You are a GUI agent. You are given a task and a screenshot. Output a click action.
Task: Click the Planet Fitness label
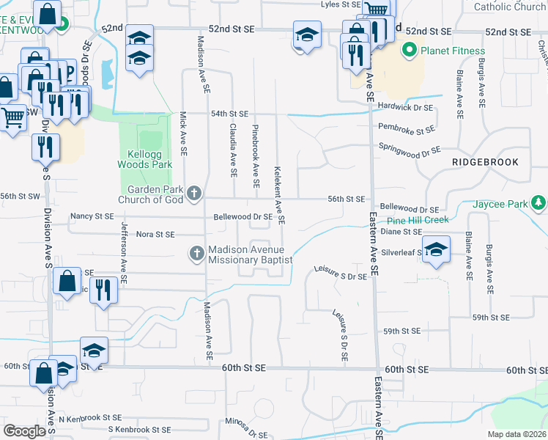[453, 51]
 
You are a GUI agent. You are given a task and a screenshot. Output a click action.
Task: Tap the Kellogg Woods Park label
[145, 160]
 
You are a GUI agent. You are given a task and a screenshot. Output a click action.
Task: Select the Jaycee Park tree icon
[539, 202]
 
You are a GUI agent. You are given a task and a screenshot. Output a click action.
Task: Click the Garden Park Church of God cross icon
[193, 194]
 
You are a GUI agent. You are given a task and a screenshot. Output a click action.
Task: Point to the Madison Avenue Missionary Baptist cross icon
[196, 254]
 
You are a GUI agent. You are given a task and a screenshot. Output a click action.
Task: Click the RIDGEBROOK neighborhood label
[485, 162]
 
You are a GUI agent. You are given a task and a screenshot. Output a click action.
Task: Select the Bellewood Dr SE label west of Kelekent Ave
[242, 217]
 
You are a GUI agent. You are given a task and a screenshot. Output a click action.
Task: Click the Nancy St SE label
[92, 216]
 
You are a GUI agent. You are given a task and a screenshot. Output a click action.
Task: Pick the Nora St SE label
[155, 235]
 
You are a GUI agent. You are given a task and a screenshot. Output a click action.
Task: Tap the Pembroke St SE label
[406, 131]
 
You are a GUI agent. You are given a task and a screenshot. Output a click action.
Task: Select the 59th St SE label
[491, 318]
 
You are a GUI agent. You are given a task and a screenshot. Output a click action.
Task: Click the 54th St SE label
[230, 114]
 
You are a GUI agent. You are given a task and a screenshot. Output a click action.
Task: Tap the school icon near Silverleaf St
[436, 250]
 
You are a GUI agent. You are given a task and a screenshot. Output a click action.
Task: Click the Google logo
[25, 431]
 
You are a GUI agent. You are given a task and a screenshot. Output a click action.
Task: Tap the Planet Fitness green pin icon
[409, 51]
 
